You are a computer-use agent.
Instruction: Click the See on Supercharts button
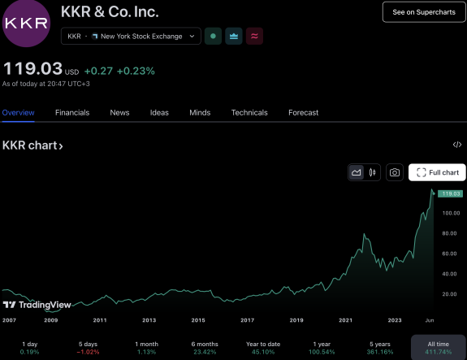point(424,12)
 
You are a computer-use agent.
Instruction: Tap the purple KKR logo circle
point(26,23)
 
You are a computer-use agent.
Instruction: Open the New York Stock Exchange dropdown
point(131,36)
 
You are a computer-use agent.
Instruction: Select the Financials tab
point(72,113)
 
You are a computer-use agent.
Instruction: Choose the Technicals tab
point(249,113)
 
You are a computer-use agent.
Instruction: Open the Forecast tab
point(304,113)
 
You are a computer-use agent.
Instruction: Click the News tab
point(119,113)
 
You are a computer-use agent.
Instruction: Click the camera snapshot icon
point(395,172)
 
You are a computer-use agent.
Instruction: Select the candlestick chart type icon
point(372,172)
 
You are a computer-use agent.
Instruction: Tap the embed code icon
point(457,145)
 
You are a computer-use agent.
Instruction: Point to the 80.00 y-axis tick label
point(449,233)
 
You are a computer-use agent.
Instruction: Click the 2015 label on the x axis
point(198,320)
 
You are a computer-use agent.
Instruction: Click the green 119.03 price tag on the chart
point(450,193)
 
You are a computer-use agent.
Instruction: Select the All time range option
point(438,348)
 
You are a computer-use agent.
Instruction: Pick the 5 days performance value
point(89,352)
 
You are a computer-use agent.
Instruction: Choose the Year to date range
point(263,348)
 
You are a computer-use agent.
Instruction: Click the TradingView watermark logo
point(37,305)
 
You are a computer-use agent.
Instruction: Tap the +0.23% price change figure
point(136,71)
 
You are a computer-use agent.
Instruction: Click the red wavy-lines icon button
point(254,36)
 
